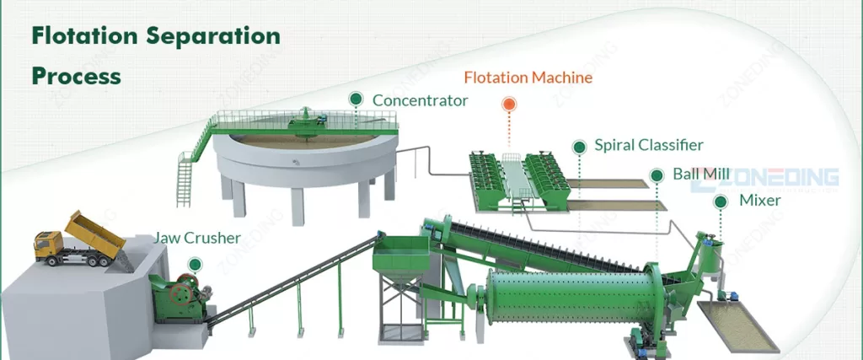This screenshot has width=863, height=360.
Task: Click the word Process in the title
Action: tap(76, 75)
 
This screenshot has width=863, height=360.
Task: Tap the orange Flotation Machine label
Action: tap(528, 77)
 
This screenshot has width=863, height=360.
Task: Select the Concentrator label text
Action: tap(420, 100)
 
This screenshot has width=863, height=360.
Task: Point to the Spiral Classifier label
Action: tap(649, 145)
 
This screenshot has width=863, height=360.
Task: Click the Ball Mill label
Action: tap(700, 174)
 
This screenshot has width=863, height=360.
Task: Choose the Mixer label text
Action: tap(759, 201)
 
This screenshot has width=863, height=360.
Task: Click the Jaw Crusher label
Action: tap(196, 238)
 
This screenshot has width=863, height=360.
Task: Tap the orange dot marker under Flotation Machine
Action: tap(509, 104)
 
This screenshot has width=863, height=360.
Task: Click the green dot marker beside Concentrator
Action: tap(356, 99)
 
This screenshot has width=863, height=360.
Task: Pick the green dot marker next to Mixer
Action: tap(720, 202)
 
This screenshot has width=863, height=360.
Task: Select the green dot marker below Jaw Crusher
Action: tap(194, 264)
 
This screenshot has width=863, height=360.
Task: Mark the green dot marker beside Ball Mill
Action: tap(656, 175)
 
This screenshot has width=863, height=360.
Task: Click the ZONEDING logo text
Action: tap(764, 178)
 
